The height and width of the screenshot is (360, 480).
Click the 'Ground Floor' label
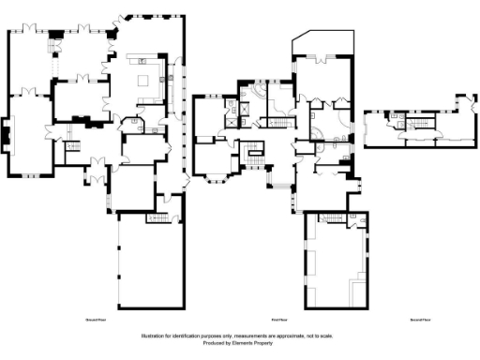(95, 320)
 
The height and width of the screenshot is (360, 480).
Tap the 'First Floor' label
(277, 320)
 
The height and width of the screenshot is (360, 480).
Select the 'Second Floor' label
(420, 320)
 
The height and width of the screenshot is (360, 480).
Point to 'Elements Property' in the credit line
(257, 343)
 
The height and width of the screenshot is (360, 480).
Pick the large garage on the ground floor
(150, 267)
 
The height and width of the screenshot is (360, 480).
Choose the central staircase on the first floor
(252, 154)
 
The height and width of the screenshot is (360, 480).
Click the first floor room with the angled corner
(322, 45)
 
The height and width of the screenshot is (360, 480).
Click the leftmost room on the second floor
(377, 128)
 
